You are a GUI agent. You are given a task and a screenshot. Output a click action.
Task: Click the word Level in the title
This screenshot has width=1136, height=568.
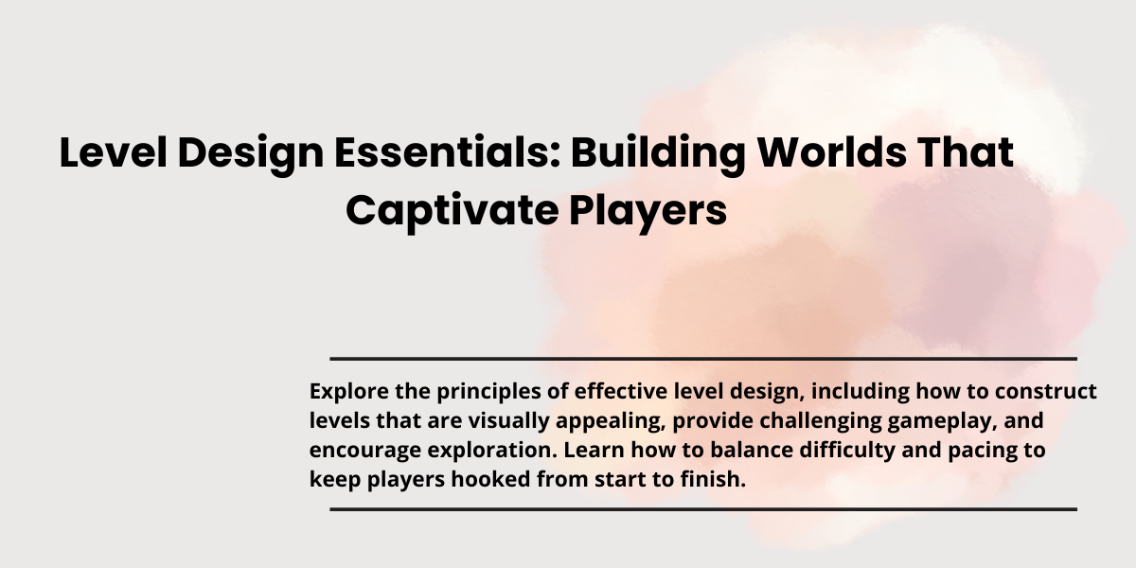coord(113,151)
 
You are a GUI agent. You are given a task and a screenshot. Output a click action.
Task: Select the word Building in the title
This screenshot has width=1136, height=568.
coord(658,155)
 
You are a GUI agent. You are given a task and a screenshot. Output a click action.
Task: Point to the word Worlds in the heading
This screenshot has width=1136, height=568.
coord(832,151)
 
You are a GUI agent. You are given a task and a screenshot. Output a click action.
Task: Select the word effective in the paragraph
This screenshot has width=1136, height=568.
coord(621,391)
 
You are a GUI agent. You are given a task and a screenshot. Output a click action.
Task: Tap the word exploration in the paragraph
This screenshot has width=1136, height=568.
coord(492,451)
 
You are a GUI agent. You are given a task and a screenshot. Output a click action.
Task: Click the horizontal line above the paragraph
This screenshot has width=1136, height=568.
coord(703,359)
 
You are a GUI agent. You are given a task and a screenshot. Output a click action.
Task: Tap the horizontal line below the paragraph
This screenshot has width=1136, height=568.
coord(703,509)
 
